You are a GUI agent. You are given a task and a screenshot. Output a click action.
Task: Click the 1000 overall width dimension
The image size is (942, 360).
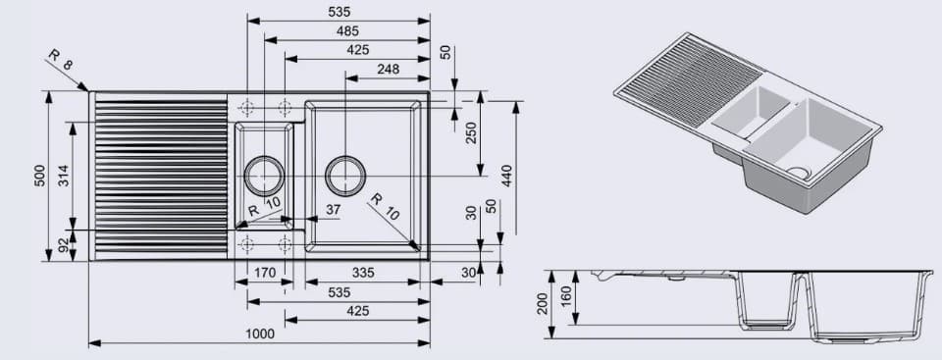[259, 334]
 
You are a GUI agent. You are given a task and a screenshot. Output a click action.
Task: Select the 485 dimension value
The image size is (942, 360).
[346, 31]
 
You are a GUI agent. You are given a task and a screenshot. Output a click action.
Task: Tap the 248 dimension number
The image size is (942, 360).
[388, 69]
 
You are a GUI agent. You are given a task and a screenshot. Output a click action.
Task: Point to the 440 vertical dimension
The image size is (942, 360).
[506, 176]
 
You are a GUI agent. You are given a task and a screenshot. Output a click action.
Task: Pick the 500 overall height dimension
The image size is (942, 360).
[40, 176]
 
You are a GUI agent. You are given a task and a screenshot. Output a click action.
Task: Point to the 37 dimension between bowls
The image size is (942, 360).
[333, 209]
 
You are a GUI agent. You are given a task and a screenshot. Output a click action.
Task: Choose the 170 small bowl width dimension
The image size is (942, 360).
[264, 273]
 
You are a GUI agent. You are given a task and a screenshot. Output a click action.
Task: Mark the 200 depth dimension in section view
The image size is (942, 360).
[543, 303]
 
